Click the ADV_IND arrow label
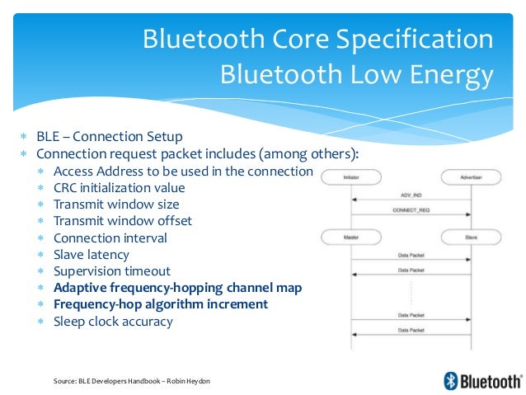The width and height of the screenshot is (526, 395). [x=411, y=195]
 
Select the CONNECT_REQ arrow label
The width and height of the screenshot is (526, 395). [x=411, y=211]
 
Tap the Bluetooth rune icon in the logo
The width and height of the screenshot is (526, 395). [x=451, y=380]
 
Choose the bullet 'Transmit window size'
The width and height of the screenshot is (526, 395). [x=116, y=204]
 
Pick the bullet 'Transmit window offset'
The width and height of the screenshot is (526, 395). [x=122, y=221]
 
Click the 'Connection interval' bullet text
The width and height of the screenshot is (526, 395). [x=110, y=237]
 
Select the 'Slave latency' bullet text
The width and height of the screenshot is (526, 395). [x=92, y=255]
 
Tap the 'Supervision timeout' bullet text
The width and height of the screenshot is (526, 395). [x=112, y=271]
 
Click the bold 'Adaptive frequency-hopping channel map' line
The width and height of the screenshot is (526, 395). [x=177, y=288]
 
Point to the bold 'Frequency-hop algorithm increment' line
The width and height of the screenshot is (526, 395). [x=161, y=304]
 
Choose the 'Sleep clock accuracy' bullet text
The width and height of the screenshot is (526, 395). [x=113, y=322]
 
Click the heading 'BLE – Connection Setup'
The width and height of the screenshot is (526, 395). [x=110, y=137]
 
